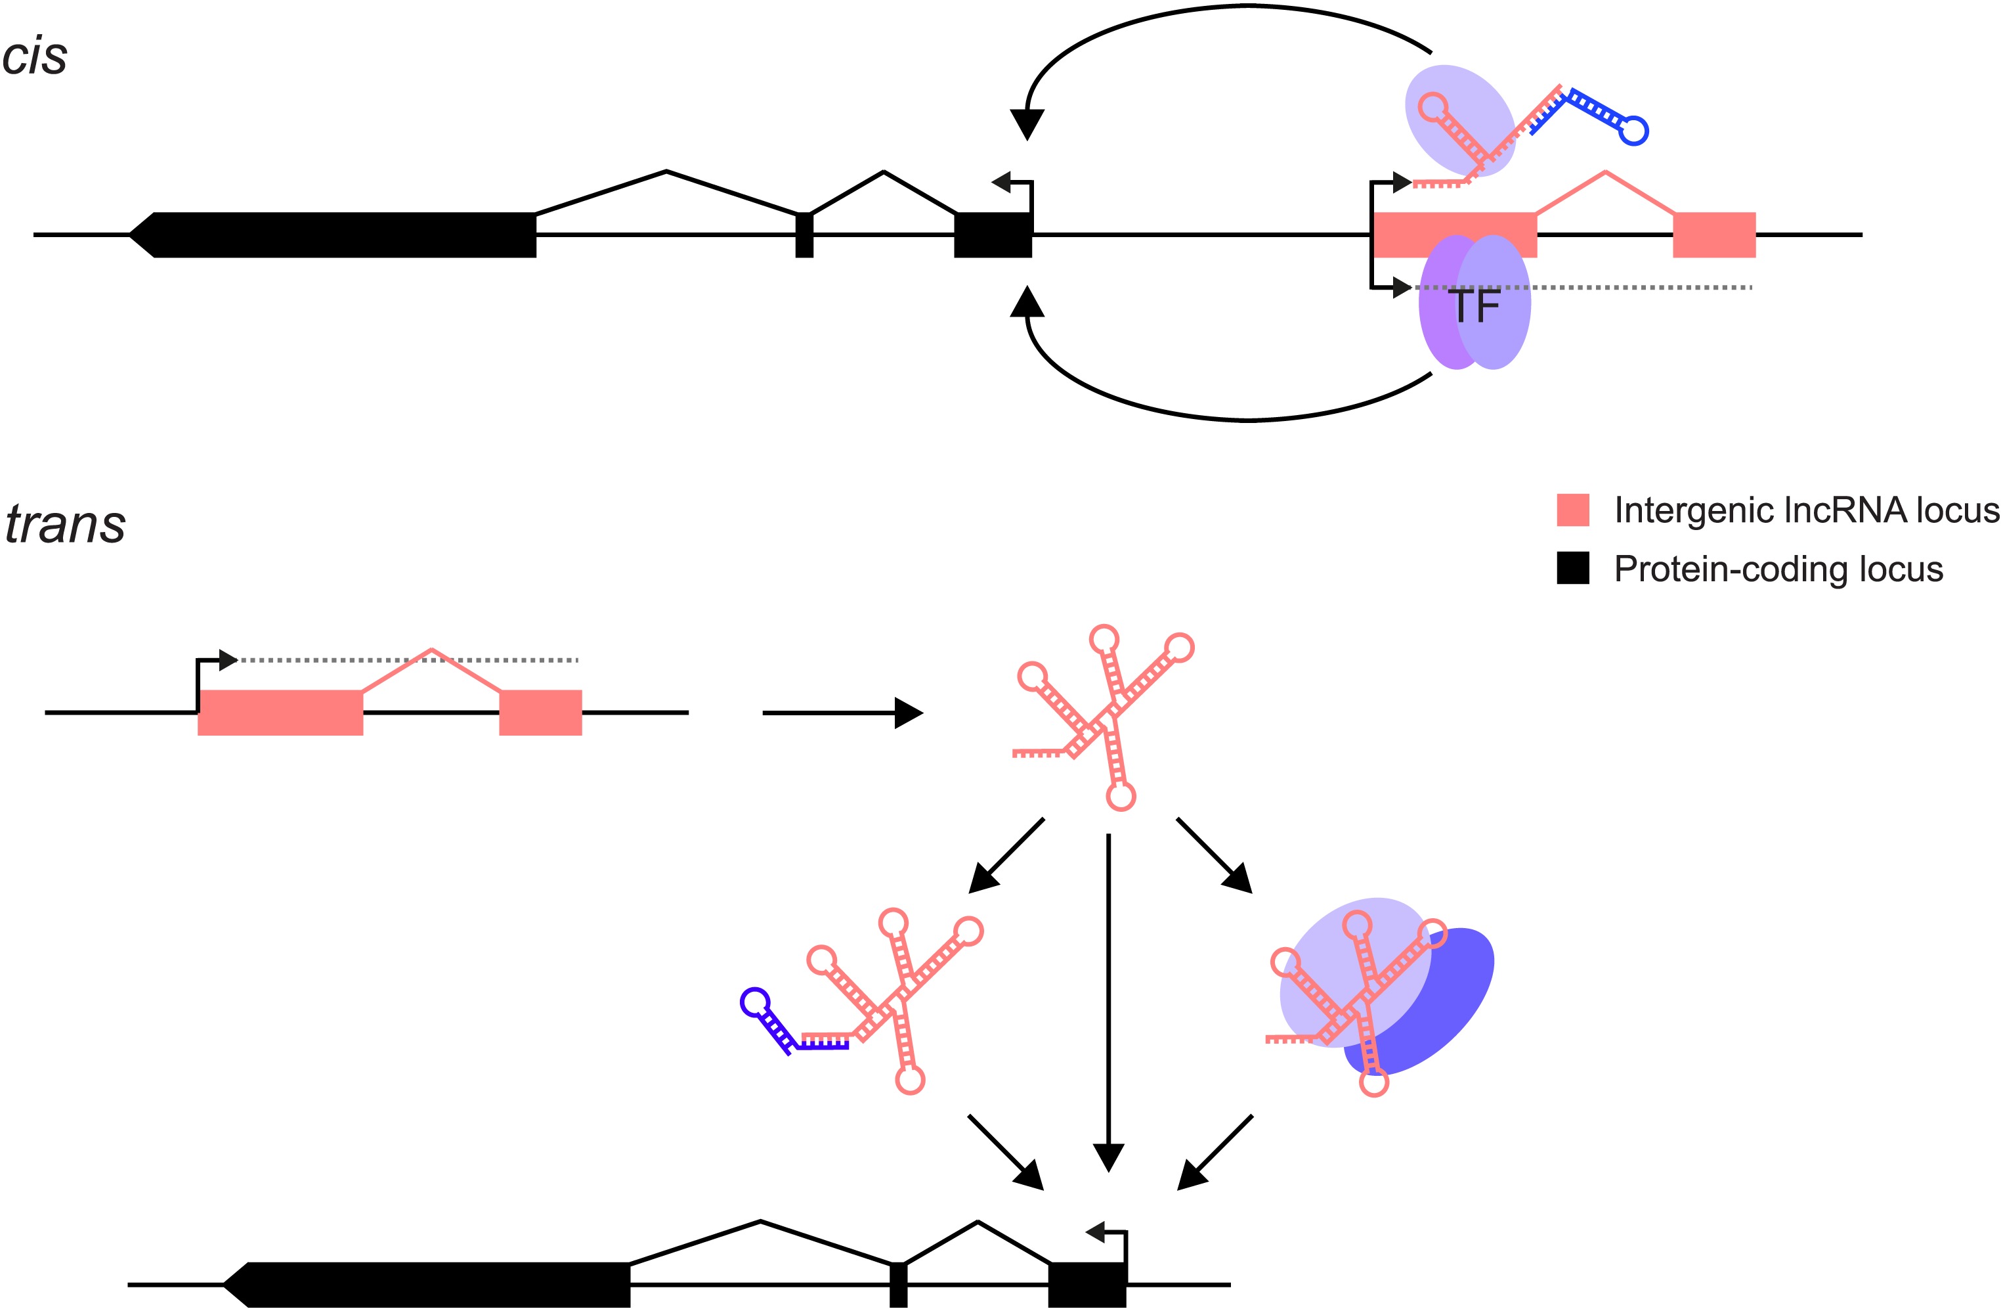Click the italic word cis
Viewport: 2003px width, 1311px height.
point(35,57)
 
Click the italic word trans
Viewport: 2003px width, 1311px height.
point(65,525)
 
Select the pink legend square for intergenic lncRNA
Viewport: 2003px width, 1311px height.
point(1572,510)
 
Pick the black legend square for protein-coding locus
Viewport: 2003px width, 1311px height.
point(1572,568)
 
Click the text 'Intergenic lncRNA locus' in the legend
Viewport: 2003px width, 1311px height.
point(1806,510)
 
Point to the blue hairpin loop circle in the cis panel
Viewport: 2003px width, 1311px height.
point(1635,131)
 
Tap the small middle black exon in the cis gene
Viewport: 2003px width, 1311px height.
point(805,235)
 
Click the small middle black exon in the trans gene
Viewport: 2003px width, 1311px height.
point(899,1285)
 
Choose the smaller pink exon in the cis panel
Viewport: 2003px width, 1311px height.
point(1713,235)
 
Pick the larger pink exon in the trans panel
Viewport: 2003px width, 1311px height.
point(280,713)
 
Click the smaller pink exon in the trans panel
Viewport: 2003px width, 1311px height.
point(540,713)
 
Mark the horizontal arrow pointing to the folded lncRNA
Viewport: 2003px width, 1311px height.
point(842,713)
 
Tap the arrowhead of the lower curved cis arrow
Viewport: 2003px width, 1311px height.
point(1027,302)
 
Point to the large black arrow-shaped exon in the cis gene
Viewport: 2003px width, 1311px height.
point(337,235)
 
